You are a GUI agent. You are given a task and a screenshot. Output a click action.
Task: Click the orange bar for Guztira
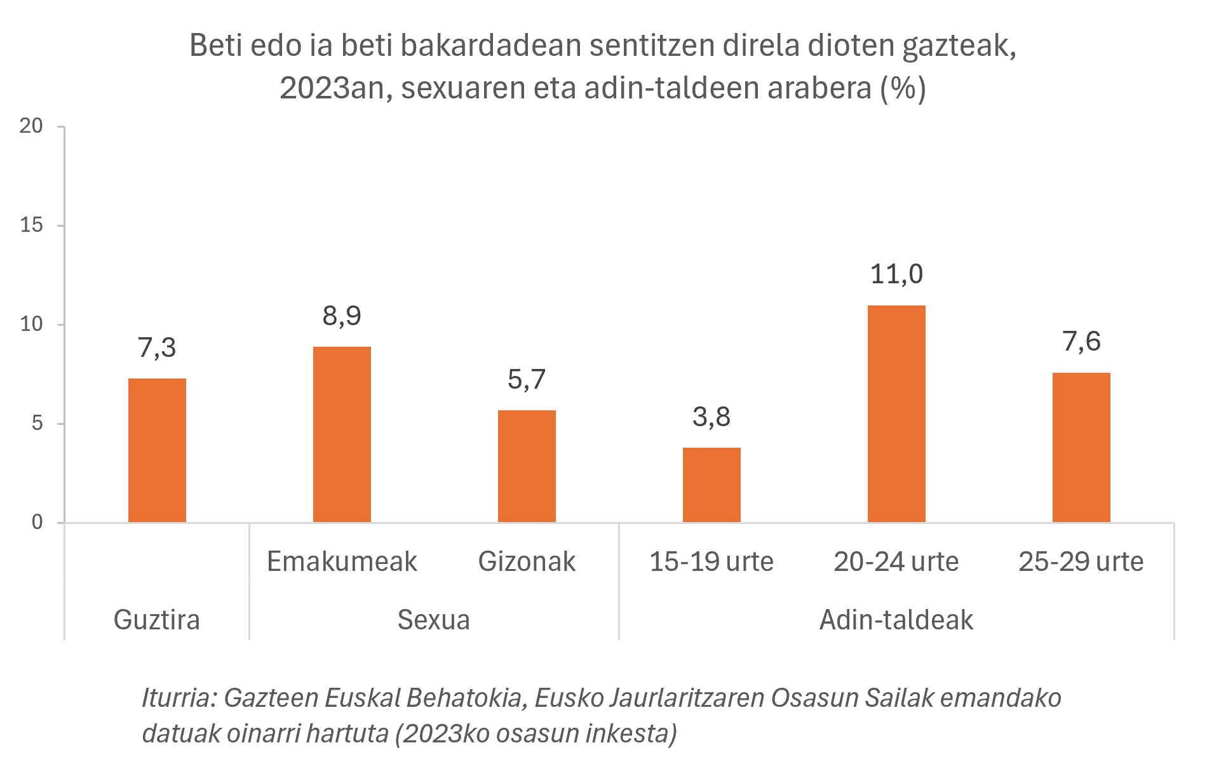[157, 450]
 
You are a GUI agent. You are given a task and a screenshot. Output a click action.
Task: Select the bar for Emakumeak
[342, 434]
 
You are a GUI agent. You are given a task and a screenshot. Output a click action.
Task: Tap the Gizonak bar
[527, 466]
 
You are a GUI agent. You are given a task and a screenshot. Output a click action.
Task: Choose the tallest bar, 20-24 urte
[896, 413]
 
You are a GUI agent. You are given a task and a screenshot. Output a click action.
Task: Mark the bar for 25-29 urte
[1081, 447]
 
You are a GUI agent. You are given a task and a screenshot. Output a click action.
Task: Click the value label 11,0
[896, 274]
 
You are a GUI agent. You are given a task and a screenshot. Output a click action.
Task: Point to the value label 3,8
[711, 417]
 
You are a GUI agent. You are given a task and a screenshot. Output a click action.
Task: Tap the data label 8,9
[342, 316]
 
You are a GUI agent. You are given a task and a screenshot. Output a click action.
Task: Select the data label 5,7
[527, 380]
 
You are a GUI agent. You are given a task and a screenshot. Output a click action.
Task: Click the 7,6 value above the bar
[1081, 342]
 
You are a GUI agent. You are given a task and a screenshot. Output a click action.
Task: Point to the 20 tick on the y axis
[31, 126]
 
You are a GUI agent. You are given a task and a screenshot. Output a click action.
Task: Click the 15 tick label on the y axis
[31, 225]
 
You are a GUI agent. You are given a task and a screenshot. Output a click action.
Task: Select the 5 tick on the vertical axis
[37, 424]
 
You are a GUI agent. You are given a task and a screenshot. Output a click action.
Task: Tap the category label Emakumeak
[342, 561]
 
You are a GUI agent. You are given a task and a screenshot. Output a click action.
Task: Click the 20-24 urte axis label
[896, 561]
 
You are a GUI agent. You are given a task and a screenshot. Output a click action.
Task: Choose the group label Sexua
[434, 620]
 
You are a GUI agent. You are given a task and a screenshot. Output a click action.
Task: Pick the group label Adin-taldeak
[896, 620]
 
